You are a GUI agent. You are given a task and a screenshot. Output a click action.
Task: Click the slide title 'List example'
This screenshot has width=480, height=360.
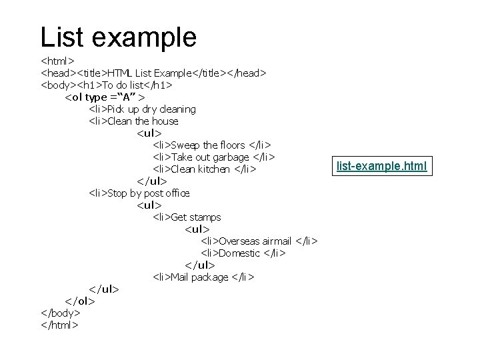[x=118, y=37]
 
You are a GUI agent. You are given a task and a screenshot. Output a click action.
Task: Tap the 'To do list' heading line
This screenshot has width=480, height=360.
[x=107, y=85]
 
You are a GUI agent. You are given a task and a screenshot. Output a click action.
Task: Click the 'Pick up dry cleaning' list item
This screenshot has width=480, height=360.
[x=142, y=109]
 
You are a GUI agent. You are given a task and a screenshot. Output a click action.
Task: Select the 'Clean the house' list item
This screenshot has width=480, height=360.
[x=133, y=121]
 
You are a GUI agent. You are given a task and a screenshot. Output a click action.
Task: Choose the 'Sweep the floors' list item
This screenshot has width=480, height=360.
[x=212, y=145]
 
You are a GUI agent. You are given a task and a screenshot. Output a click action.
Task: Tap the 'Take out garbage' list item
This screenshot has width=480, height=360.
[x=214, y=157]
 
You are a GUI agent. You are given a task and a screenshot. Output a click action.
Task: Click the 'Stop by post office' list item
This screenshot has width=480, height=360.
[x=139, y=193]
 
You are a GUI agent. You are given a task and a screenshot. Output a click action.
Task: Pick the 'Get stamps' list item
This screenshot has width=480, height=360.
[x=187, y=217]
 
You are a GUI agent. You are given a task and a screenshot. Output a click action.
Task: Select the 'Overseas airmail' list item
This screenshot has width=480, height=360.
[x=259, y=241]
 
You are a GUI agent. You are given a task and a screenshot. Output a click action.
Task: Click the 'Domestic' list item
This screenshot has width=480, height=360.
[x=243, y=253]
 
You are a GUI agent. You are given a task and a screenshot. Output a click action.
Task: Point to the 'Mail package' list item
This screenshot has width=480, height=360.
[x=203, y=277]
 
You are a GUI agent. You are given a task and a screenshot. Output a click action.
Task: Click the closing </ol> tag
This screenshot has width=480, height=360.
[x=80, y=301]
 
